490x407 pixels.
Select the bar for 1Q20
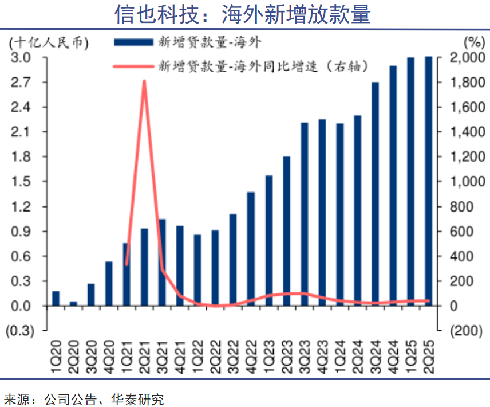click(x=56, y=299)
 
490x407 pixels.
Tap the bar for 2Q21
click(x=144, y=267)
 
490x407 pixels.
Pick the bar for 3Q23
click(x=305, y=214)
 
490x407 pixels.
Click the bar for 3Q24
click(x=376, y=194)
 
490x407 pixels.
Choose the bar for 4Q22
click(x=251, y=249)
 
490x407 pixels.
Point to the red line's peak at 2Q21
click(x=144, y=81)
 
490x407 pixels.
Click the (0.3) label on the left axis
click(x=20, y=331)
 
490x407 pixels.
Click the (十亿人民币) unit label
click(x=48, y=42)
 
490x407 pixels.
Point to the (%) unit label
click(x=473, y=42)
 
